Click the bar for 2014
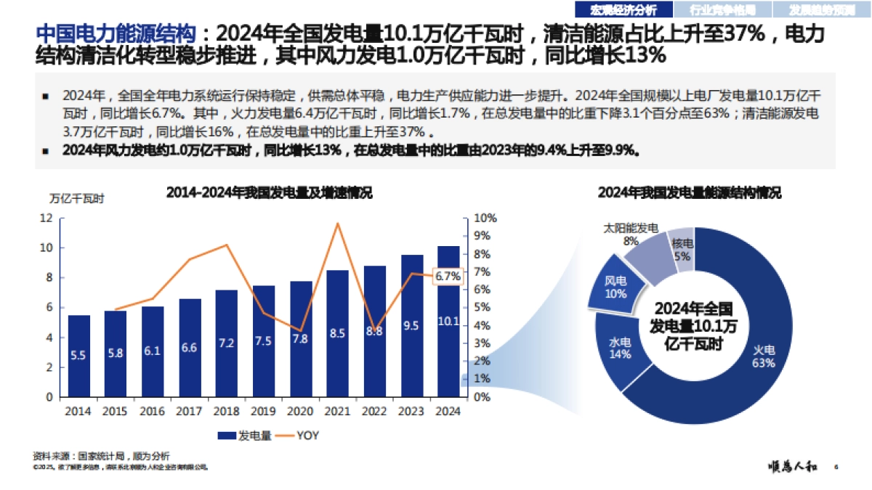point(79,356)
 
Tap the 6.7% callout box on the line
point(448,276)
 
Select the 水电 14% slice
point(619,347)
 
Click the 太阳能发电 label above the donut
point(630,228)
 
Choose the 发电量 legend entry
point(245,436)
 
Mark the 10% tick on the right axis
point(485,218)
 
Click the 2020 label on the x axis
point(300,411)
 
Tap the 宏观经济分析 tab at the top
point(623,9)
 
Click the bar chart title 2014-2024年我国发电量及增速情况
point(269,192)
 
